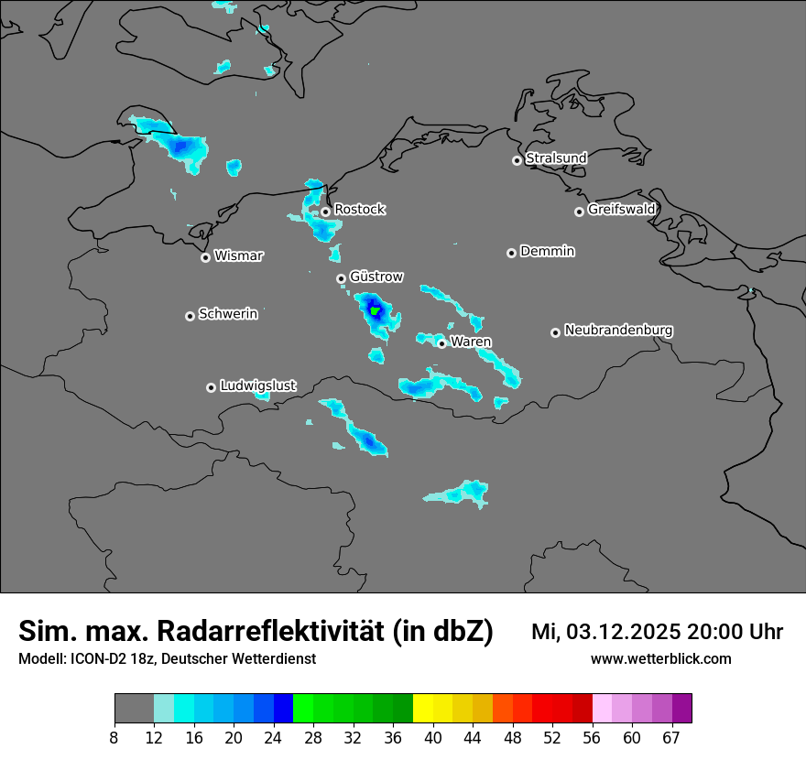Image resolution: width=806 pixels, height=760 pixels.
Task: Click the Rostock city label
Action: (x=360, y=210)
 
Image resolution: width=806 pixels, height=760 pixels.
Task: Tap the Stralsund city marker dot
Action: (x=517, y=160)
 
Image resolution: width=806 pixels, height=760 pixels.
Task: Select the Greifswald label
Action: (x=621, y=210)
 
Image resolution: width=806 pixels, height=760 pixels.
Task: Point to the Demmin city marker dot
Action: (x=511, y=253)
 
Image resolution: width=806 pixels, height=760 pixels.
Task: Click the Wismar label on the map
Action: (x=238, y=256)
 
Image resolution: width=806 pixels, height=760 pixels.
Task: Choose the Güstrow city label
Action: (x=376, y=277)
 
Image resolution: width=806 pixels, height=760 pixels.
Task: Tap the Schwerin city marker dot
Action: (x=190, y=316)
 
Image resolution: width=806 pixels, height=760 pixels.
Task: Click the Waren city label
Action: (x=471, y=342)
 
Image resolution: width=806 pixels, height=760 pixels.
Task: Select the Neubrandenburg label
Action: (x=618, y=331)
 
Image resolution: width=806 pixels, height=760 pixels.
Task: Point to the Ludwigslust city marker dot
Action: (x=211, y=387)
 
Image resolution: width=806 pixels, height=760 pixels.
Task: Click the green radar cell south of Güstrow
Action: (x=375, y=309)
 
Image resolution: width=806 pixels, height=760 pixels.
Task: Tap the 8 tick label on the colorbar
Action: (x=114, y=738)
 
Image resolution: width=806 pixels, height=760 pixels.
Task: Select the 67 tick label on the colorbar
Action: (x=671, y=738)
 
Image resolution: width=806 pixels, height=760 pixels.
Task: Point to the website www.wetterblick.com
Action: (x=660, y=658)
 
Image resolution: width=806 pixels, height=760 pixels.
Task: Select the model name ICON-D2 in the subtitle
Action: (x=93, y=658)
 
